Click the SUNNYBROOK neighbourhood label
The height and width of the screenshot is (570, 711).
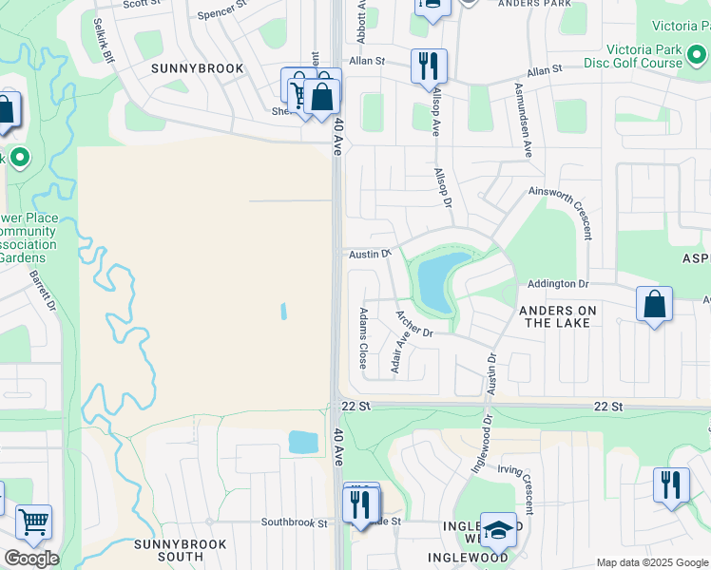[198, 68]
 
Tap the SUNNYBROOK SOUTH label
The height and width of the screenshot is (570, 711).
[181, 550]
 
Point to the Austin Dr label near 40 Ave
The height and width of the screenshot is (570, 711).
[370, 254]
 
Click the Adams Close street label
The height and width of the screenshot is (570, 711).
[362, 338]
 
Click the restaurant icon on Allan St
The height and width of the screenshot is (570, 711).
[429, 66]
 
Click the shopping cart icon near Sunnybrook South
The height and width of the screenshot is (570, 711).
[33, 522]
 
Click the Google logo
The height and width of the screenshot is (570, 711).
[31, 559]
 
